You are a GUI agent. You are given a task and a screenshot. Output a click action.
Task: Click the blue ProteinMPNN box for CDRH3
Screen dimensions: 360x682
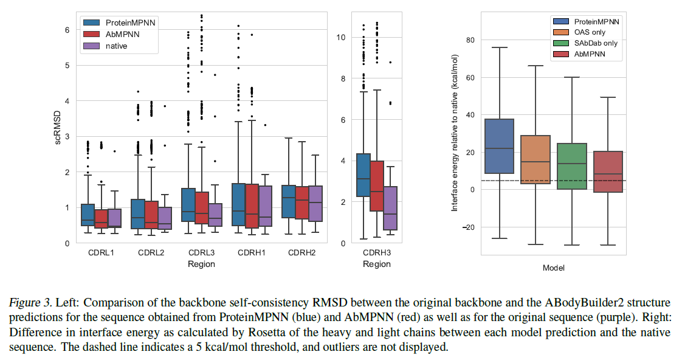pyautogui.click(x=363, y=175)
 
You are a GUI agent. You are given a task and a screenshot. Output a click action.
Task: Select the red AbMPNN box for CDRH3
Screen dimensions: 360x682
pyautogui.click(x=377, y=186)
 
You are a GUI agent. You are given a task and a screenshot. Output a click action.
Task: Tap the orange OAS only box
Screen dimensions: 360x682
pyautogui.click(x=536, y=159)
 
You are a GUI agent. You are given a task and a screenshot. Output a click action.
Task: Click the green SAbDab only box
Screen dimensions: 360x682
pyautogui.click(x=572, y=166)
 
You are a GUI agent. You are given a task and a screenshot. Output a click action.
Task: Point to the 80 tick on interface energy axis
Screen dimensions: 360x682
pyautogui.click(x=469, y=40)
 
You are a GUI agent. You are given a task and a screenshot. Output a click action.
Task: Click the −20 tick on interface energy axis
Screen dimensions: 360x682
pyautogui.click(x=467, y=227)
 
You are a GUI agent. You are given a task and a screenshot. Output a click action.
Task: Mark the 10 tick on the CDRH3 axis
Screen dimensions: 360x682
pyautogui.click(x=342, y=37)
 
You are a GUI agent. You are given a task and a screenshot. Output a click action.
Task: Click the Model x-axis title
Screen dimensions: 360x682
pyautogui.click(x=554, y=268)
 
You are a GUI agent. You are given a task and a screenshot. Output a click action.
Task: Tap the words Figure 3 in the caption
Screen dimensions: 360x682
pyautogui.click(x=29, y=302)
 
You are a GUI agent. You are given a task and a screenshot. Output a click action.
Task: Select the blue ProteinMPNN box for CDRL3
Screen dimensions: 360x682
pyautogui.click(x=188, y=205)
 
